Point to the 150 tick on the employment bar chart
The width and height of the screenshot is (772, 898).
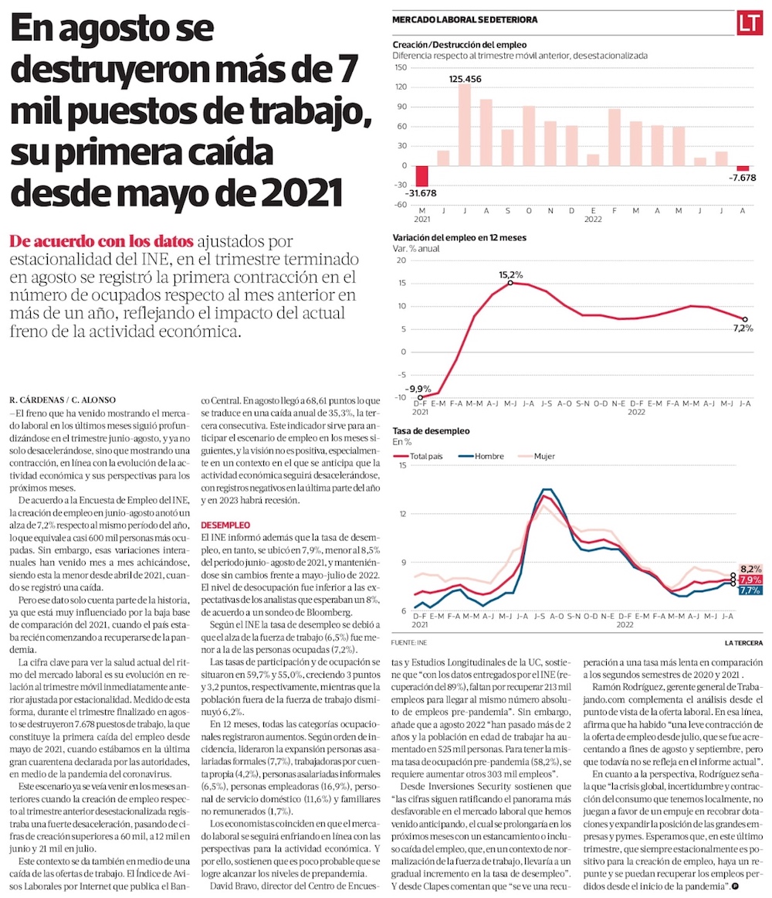[400, 67]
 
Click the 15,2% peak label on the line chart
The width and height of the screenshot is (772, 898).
[511, 274]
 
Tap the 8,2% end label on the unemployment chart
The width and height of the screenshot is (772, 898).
[751, 568]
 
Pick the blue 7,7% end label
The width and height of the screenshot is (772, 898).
[751, 590]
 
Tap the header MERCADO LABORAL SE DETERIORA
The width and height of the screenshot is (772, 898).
[465, 19]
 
